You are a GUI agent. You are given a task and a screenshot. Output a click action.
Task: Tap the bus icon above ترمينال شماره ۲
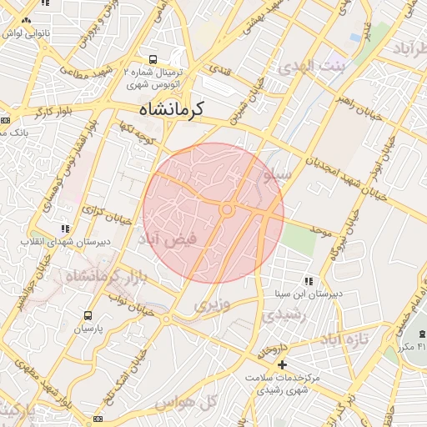(153, 59)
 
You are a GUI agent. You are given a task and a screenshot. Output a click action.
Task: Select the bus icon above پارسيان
(88, 315)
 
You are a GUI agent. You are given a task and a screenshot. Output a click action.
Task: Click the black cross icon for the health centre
(282, 364)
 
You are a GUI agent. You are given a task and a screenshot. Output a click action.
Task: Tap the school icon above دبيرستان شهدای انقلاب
(64, 229)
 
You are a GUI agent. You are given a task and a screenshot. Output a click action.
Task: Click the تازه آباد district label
(345, 339)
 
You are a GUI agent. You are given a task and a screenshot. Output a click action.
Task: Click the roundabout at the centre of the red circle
(226, 208)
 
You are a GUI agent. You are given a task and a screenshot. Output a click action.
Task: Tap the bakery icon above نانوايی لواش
(27, 20)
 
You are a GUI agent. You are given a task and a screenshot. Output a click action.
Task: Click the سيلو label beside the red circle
(278, 176)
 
